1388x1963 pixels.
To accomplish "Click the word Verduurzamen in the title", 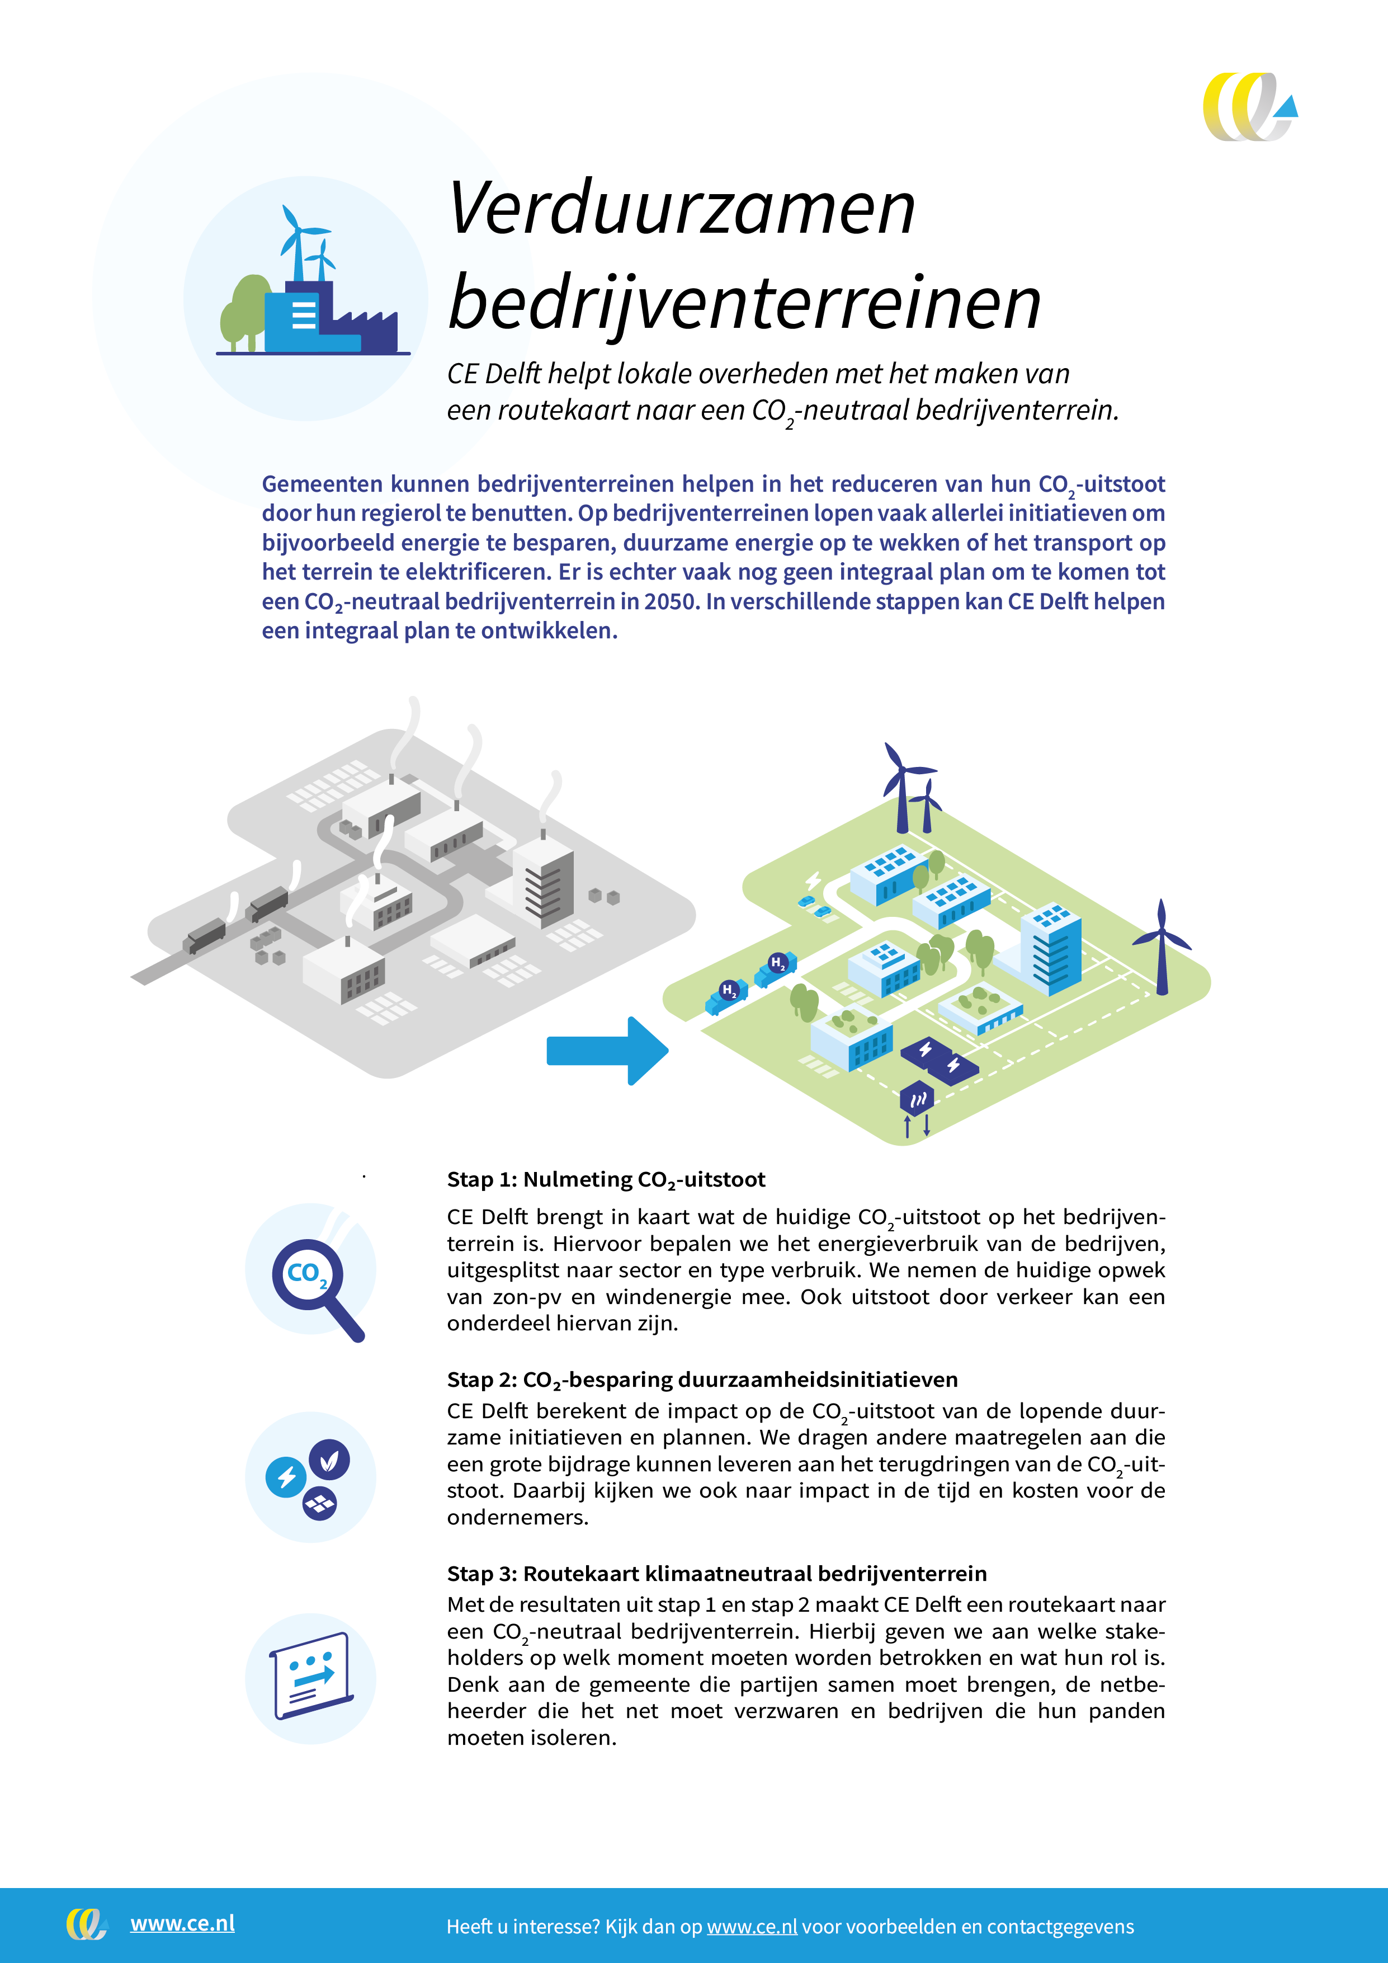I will point(681,209).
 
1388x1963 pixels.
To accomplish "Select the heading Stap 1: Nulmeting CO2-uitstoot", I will point(606,1180).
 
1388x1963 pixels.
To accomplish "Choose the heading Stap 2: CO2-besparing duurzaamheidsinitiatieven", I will point(702,1380).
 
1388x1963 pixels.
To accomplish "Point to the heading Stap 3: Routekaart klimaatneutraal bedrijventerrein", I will point(716,1574).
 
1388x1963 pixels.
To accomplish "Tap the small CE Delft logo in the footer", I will point(86,1924).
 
